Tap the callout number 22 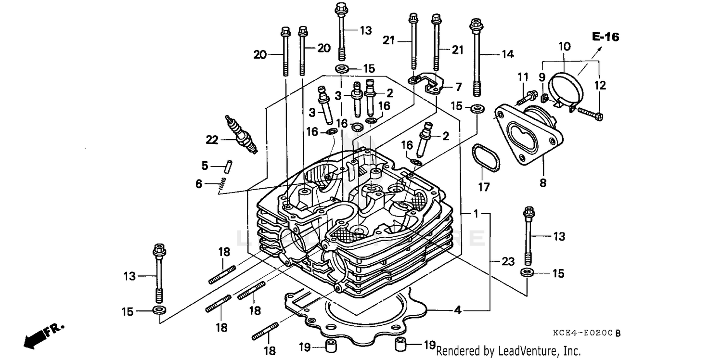[x=212, y=140]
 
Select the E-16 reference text [x=605, y=37]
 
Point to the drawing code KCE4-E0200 [x=588, y=333]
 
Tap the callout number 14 [x=507, y=54]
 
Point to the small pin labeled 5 [x=230, y=165]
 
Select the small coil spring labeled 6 [x=222, y=184]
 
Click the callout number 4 [x=457, y=311]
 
